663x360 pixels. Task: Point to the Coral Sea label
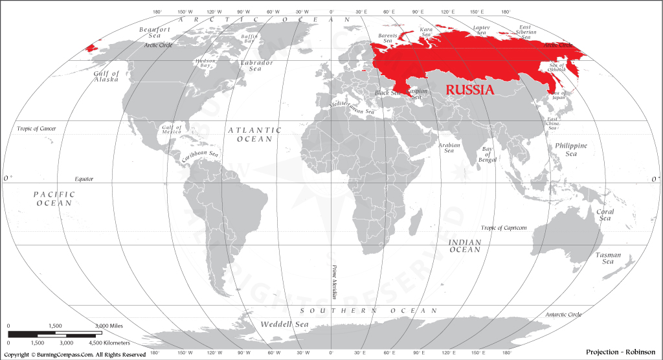point(605,215)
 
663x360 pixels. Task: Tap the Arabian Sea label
point(449,148)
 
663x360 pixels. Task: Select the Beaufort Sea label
point(155,33)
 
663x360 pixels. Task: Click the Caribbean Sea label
point(199,155)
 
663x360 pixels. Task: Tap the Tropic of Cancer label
point(36,129)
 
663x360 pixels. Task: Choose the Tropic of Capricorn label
point(504,228)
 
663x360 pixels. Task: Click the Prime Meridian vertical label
point(335,281)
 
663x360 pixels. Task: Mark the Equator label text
point(84,178)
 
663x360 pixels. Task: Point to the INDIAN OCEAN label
point(465,246)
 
